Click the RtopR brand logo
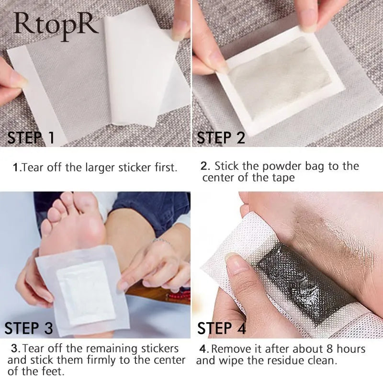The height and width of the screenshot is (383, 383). [56, 26]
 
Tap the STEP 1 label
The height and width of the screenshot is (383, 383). [31, 137]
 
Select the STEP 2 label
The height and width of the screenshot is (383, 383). [221, 137]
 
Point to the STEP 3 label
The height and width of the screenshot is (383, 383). [29, 328]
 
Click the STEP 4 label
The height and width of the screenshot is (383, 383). [221, 328]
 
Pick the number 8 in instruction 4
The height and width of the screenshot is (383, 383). [329, 349]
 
